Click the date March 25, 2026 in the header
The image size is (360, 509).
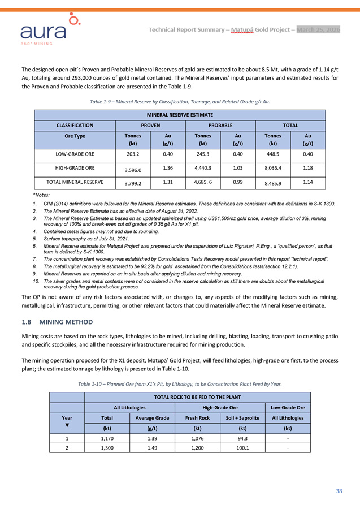coord(318,29)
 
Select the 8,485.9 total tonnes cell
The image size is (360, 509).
coord(273,184)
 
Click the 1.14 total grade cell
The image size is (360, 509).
coord(307,182)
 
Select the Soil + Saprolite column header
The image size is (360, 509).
coord(238,418)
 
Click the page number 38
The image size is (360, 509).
coord(339,491)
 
